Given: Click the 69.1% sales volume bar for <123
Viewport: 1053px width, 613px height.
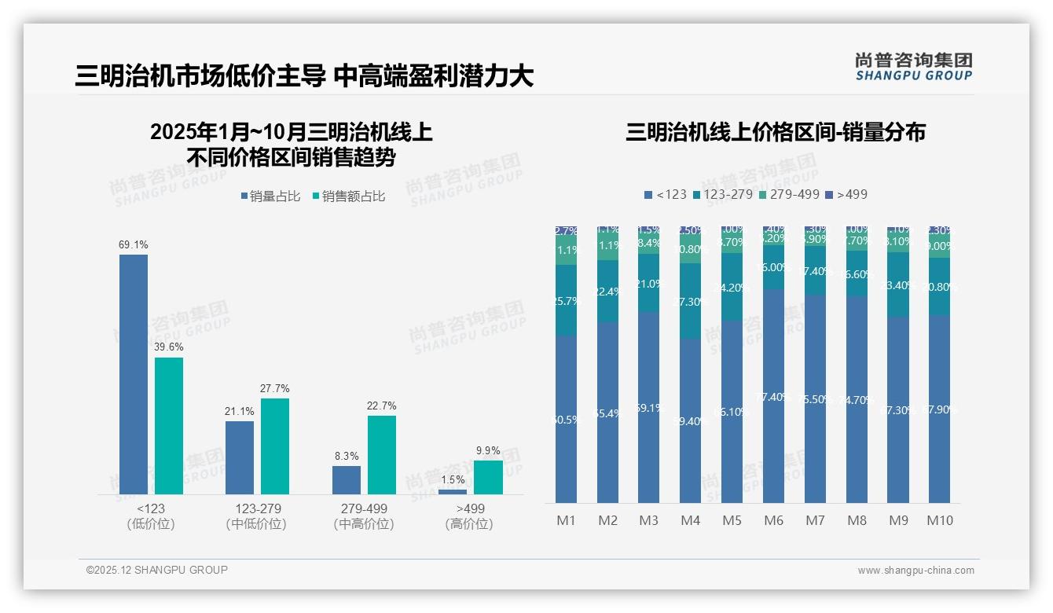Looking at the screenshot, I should click(x=134, y=374).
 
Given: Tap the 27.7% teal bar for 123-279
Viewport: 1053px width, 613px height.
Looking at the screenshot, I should click(x=275, y=446).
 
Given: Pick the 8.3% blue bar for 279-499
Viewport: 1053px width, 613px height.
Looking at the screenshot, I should click(x=347, y=480).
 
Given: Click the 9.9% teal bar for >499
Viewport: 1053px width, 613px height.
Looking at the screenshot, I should click(x=488, y=477).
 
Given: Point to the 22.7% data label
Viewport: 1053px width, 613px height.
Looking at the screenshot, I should click(x=381, y=406).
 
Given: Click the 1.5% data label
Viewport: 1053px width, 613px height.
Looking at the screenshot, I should click(x=453, y=480).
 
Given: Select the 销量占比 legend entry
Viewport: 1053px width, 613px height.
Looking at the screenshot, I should click(x=270, y=196).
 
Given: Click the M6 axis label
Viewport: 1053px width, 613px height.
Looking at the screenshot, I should click(x=774, y=520).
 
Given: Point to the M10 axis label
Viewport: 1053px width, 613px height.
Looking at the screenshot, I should click(x=940, y=520).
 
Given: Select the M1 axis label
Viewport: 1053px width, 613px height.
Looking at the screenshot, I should click(x=567, y=520).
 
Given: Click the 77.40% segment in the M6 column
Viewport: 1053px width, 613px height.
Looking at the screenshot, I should click(x=774, y=396).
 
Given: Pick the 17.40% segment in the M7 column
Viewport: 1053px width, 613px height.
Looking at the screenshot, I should click(x=816, y=271).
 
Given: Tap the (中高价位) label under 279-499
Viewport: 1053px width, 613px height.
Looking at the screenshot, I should click(x=364, y=524).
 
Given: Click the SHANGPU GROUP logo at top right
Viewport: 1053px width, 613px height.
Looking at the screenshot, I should click(x=913, y=67).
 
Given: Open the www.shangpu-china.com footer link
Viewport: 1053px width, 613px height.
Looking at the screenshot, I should click(x=915, y=571).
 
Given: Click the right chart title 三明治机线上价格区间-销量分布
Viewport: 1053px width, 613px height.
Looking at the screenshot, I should click(x=775, y=132).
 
